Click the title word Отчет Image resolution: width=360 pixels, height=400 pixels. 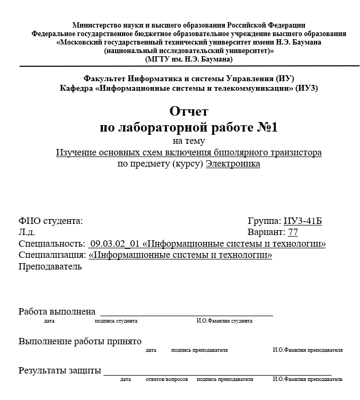coord(189,112)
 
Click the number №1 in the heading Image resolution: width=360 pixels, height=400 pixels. coord(264,128)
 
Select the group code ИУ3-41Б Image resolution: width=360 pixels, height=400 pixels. coord(303,221)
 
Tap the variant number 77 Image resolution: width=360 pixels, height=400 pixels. coord(293,232)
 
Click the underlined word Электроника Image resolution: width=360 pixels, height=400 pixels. coord(233,164)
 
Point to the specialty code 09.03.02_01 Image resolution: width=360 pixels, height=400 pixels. coord(115,244)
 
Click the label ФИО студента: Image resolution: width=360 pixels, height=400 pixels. coord(50,221)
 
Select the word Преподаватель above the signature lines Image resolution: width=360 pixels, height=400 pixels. coord(50,267)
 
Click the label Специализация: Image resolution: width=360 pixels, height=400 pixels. coord(52,256)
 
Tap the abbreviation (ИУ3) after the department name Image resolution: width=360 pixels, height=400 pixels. coord(306,88)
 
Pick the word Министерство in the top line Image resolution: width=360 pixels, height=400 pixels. coord(96,25)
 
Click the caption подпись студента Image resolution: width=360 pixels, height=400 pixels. coord(116,321)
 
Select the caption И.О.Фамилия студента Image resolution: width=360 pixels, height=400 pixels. coord(224,321)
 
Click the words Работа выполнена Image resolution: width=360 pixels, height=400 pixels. coord(57,311)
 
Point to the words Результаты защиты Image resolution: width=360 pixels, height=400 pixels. coord(59,370)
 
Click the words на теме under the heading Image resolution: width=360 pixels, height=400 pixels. coord(189,141)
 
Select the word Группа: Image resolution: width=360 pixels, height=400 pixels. coord(264,221)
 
